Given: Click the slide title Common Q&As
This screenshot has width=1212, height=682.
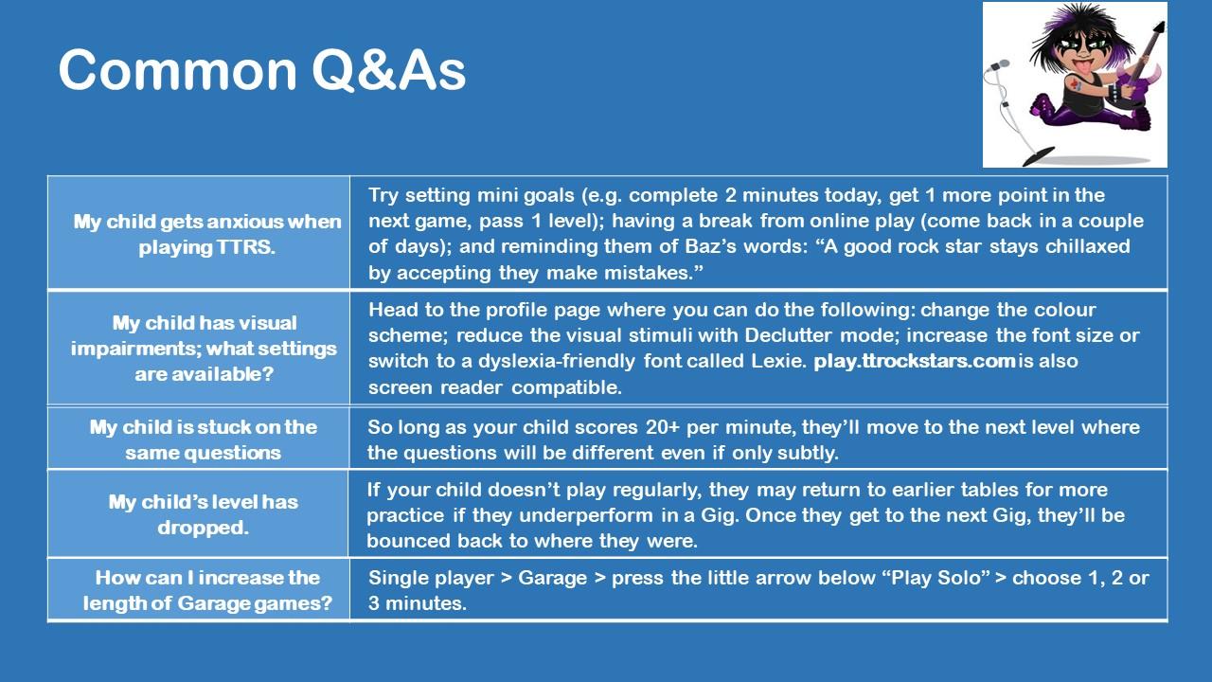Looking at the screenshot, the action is [x=262, y=70].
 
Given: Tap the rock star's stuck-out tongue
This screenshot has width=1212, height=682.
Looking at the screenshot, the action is [x=1084, y=67].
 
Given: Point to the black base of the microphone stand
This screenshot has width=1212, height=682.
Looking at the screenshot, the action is [x=1039, y=156].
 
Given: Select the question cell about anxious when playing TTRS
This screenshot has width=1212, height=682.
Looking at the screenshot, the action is [x=207, y=234].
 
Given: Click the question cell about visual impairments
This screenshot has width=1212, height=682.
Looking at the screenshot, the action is [x=204, y=348].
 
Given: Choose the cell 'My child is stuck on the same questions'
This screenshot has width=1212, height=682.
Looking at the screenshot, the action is [x=203, y=440].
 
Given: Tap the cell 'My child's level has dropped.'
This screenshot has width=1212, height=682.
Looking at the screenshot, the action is [x=203, y=514].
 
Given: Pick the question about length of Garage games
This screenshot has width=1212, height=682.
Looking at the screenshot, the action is [x=207, y=590].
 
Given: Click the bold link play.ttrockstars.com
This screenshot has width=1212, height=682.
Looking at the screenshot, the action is [x=915, y=361].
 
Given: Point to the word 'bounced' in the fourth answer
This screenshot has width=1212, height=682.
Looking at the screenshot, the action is [x=408, y=541].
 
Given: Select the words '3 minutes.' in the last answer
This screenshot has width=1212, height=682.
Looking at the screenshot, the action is [x=418, y=603].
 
